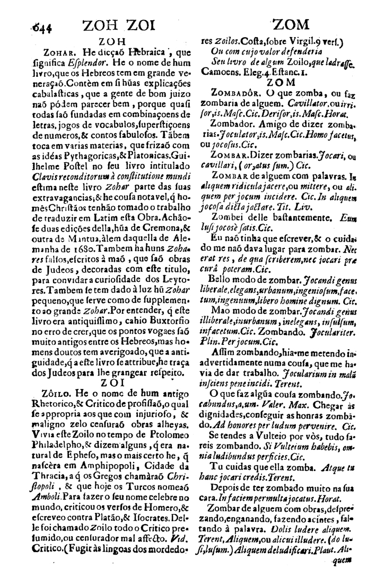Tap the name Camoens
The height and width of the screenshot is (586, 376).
point(221,74)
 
